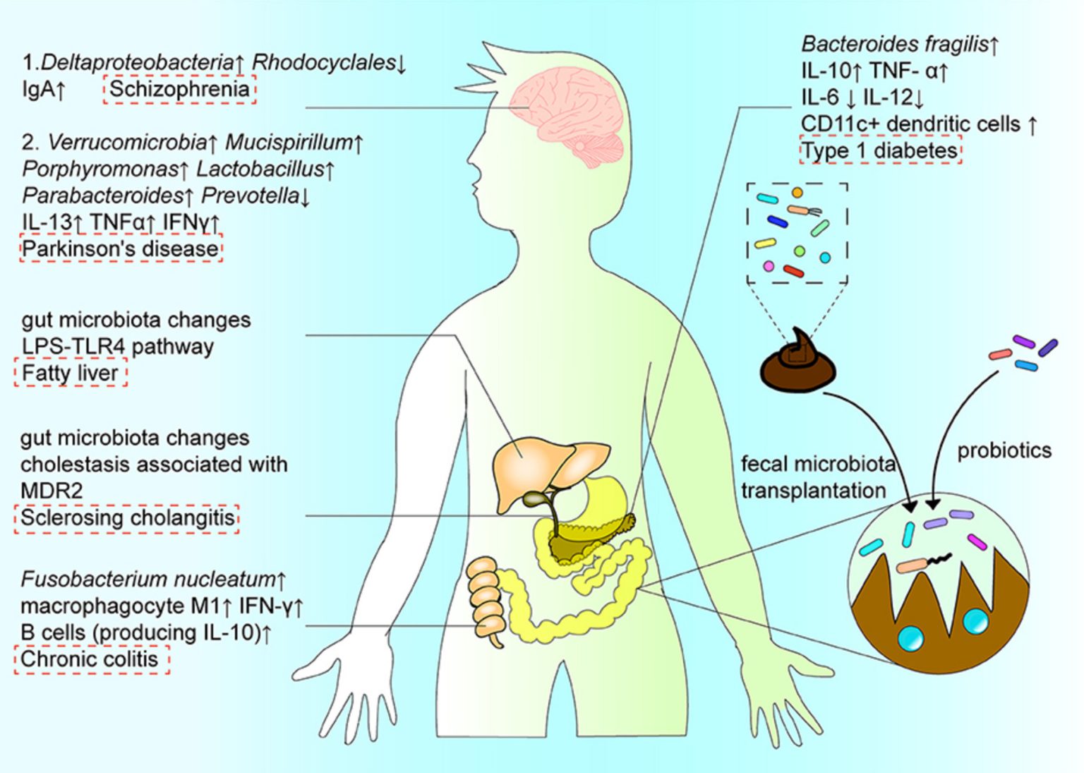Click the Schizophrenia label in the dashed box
tap(179, 90)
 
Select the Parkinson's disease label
tap(121, 248)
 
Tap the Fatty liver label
tap(71, 373)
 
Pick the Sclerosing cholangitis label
tap(127, 517)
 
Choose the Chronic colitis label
tap(90, 659)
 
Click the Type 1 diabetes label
tap(880, 150)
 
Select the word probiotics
tap(1004, 450)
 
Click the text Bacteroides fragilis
tap(894, 44)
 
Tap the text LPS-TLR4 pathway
tap(117, 347)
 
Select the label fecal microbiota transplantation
tap(817, 477)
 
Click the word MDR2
tap(52, 490)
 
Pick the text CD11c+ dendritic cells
tap(910, 124)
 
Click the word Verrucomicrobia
tap(126, 143)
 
